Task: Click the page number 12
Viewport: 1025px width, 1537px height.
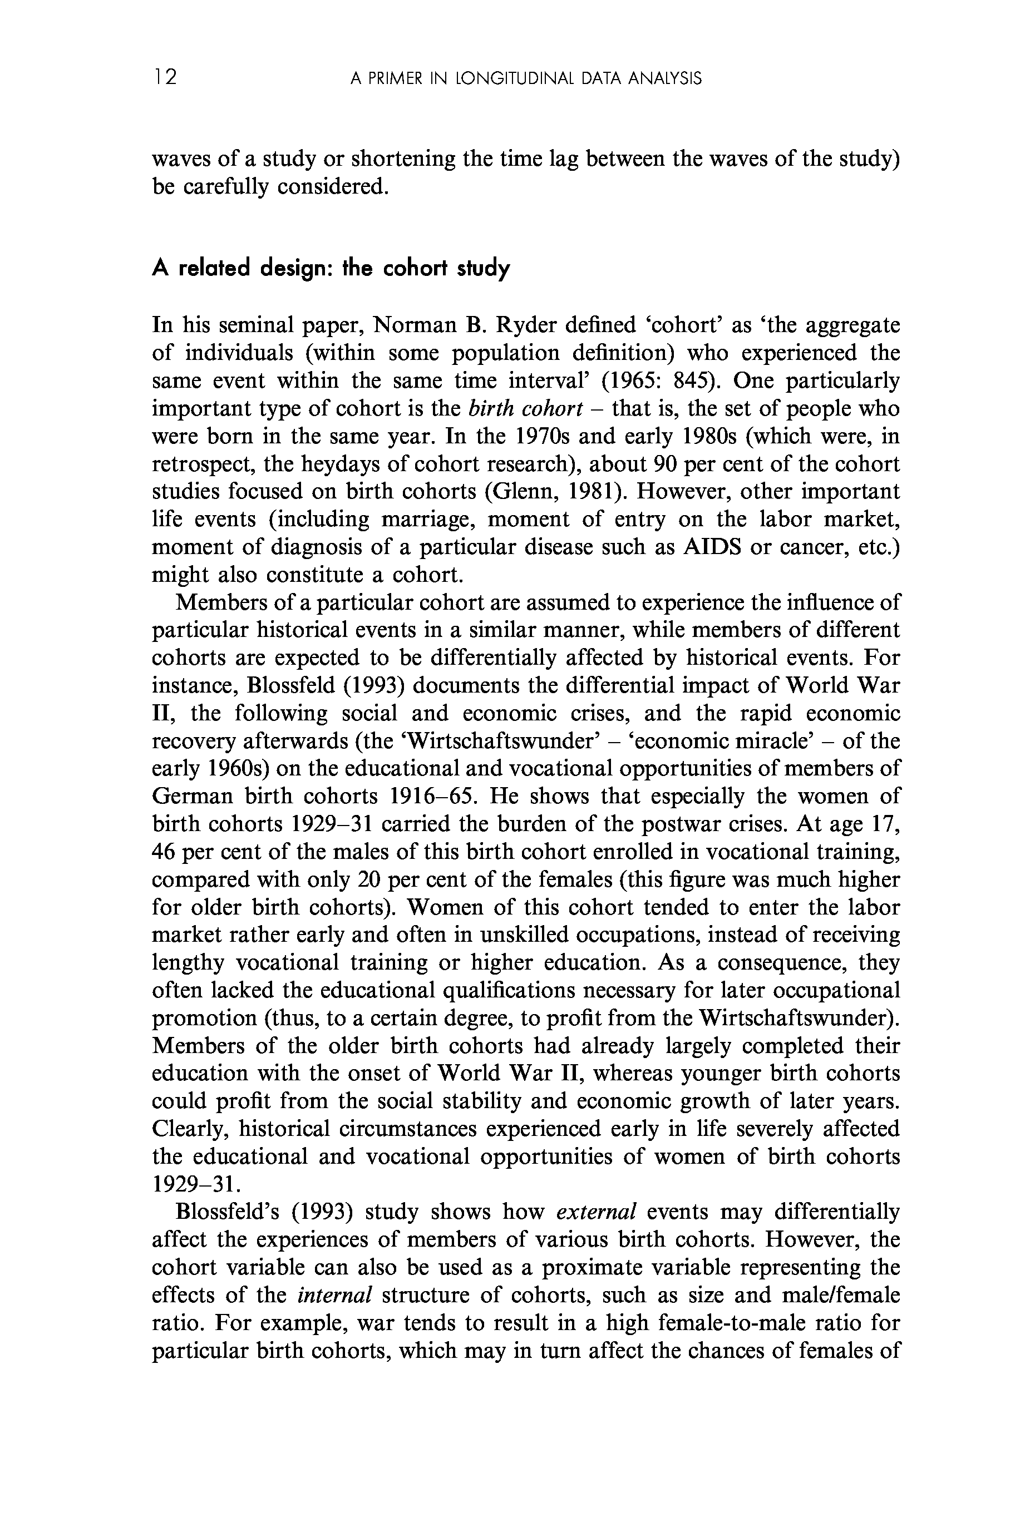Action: [165, 78]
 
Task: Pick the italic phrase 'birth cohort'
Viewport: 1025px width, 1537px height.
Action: [525, 408]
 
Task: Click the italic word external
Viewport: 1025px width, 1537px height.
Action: [595, 1212]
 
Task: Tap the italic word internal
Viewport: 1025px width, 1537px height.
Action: [334, 1295]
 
